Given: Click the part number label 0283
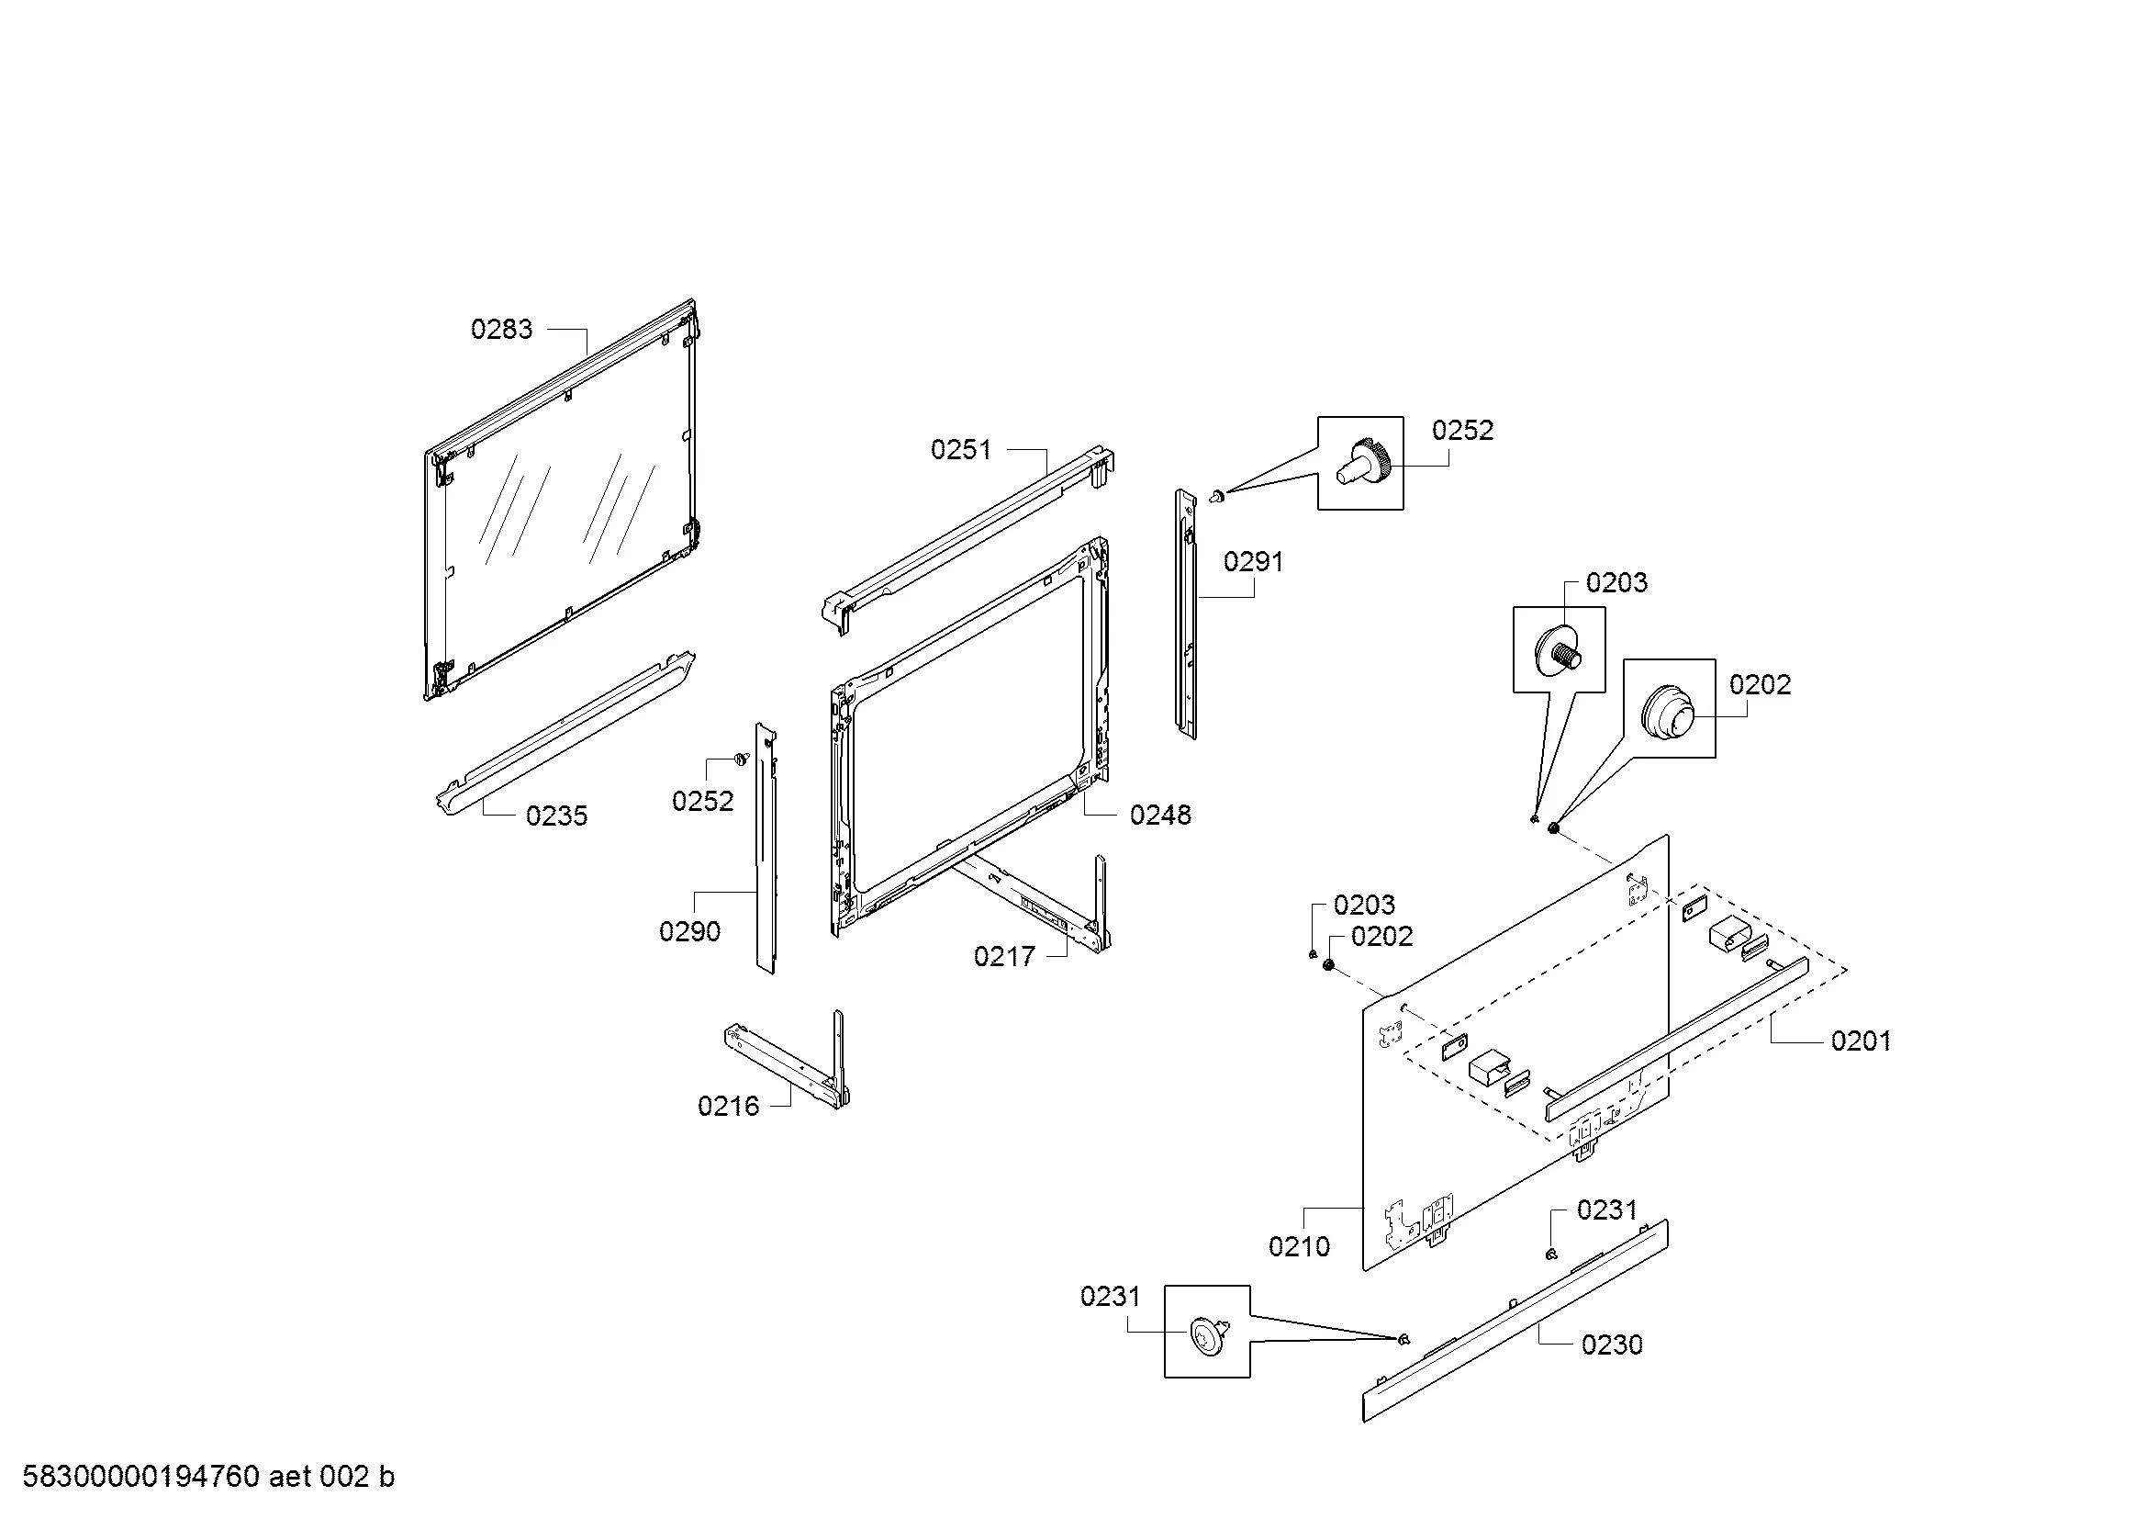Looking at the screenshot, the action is pos(501,330).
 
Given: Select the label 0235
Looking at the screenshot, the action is pos(556,816).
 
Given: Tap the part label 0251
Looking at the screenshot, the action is pos(961,450).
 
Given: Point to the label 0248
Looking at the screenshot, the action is pos(1160,816).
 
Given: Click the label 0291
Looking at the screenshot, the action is pos(1254,562).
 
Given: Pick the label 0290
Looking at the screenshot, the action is pos(690,931).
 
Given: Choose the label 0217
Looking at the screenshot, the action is pos(1004,956).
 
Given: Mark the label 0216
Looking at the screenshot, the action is pos(729,1107).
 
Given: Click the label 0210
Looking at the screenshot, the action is pos(1299,1246).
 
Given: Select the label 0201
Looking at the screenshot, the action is pos(1861,1041).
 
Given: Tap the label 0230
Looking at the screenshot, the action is pos(1612,1345).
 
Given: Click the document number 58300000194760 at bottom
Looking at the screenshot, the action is pos(141,1477).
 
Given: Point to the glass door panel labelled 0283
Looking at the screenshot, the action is pos(560,501).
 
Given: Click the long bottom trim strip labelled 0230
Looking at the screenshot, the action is pos(1515,1321).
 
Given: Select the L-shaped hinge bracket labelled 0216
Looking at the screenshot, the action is pos(788,1061).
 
